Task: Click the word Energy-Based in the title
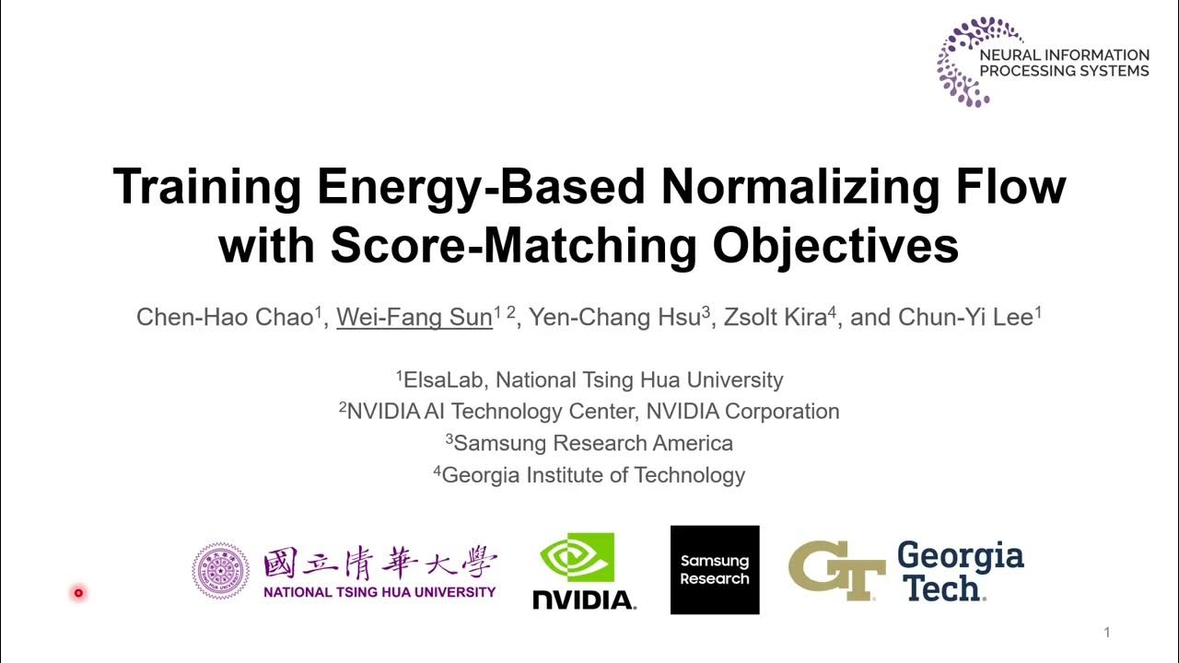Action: coord(481,187)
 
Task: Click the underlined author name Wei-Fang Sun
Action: coord(414,318)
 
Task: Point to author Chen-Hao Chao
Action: coord(225,318)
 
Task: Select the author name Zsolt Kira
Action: coord(775,318)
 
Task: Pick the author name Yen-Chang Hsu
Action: coord(615,318)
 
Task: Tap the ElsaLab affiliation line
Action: coord(589,379)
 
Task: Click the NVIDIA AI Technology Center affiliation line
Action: coord(589,412)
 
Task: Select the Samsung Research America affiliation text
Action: coord(589,443)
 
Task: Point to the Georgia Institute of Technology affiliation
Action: coord(589,475)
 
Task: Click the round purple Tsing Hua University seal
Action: coord(221,570)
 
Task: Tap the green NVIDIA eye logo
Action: coord(577,557)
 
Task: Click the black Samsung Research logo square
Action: coord(715,570)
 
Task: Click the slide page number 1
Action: coord(1106,633)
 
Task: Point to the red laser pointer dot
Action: coord(78,593)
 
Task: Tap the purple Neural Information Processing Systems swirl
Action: coord(962,61)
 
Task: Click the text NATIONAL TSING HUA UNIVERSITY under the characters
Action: coord(379,592)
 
